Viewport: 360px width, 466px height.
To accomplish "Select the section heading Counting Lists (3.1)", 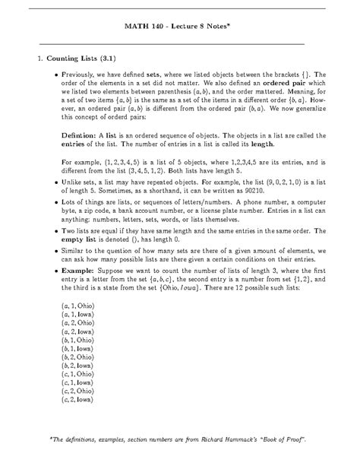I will tap(81, 57).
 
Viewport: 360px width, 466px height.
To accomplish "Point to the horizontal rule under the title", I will tap(179, 43).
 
